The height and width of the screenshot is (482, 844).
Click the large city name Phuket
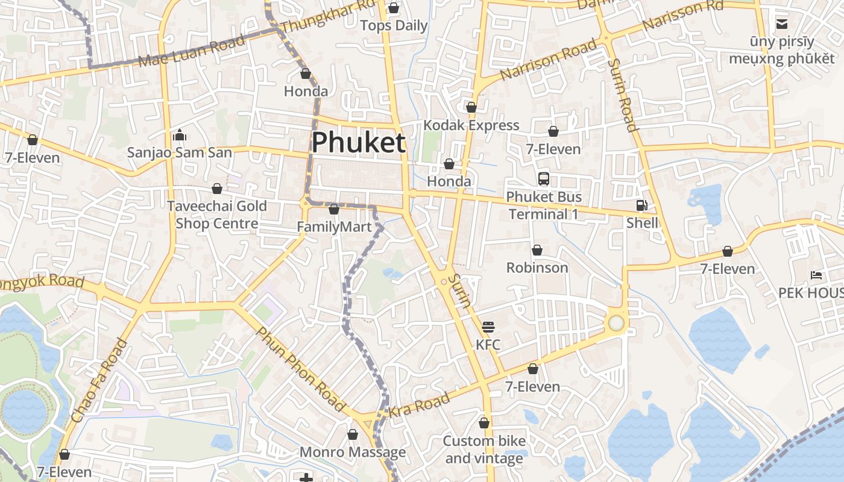pos(358,143)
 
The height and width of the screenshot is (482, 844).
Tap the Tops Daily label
pos(394,25)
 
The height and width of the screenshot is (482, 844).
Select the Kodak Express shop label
pos(471,125)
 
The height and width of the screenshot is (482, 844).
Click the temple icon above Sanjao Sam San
pos(179,135)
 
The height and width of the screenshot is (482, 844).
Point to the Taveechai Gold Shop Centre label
pos(216,214)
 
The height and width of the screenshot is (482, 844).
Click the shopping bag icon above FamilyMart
pos(334,209)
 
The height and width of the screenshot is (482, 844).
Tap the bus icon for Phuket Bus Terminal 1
pos(544,179)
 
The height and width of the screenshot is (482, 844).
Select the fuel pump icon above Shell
pos(641,205)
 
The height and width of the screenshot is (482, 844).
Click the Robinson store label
pos(537,268)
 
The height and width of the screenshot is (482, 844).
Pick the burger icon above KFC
pos(488,327)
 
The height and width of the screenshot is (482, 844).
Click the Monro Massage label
pos(353,452)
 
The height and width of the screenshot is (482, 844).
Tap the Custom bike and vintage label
pos(484,449)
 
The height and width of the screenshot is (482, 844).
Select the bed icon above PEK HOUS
pos(816,275)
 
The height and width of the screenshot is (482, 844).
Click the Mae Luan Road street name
pos(192,51)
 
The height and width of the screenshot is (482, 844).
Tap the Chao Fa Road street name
pos(99,381)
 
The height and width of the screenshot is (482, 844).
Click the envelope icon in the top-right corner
pos(782,24)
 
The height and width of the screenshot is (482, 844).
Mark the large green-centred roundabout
pos(616,323)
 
